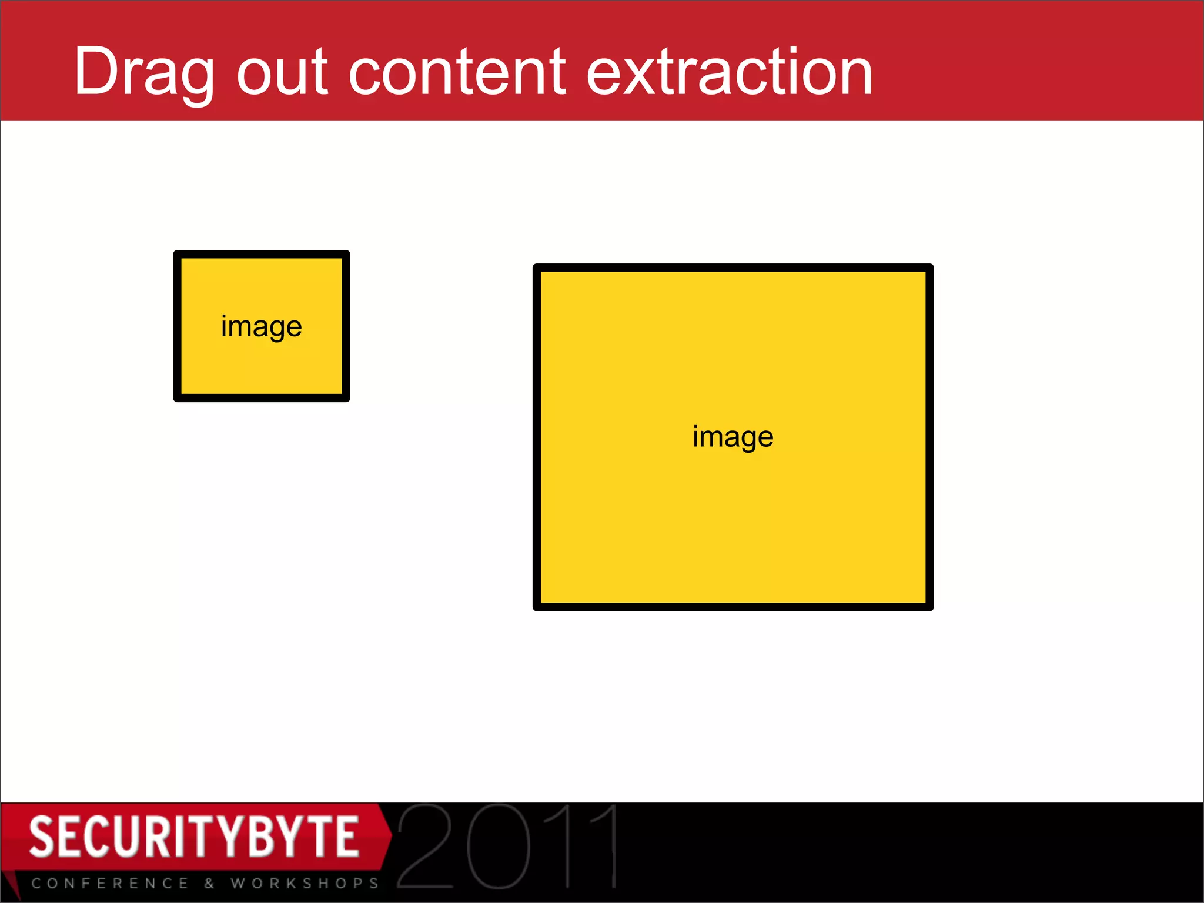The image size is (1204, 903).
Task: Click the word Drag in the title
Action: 143,73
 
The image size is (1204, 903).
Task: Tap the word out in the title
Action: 282,73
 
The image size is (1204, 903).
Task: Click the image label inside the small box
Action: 262,327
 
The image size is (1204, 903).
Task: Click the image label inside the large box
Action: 733,437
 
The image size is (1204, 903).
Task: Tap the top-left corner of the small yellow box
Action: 178,255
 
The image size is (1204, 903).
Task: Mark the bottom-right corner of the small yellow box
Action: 346,398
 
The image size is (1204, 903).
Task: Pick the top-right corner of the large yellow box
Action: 929,268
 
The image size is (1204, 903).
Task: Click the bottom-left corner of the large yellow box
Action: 537,607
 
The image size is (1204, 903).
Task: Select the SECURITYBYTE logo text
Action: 194,837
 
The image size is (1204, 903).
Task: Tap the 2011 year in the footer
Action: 508,847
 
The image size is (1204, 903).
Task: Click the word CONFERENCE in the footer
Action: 111,883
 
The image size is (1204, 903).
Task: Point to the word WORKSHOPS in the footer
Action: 305,883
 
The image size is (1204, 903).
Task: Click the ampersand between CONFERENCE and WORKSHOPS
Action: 209,883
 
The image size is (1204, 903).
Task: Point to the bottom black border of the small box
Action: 262,398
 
